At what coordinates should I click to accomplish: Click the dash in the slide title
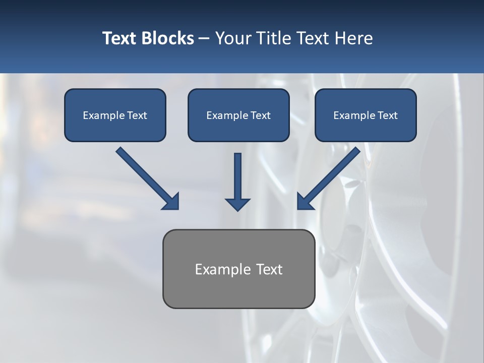point(204,38)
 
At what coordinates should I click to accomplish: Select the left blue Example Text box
point(115,115)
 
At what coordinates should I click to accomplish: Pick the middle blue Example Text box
point(238,115)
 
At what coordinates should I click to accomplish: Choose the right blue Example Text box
point(366,115)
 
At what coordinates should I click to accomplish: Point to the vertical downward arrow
point(237,181)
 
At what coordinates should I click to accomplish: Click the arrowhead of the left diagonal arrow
point(171,202)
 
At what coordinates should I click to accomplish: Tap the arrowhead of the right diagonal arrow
point(305,202)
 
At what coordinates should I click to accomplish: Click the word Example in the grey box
point(219,269)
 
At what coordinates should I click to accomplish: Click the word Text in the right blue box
point(388,115)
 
